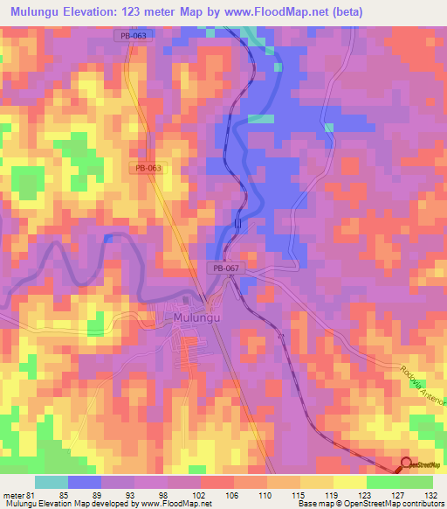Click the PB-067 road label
[x=225, y=268]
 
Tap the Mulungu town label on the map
[x=196, y=318]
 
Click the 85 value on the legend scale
[x=63, y=494]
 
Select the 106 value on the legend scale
[x=234, y=494]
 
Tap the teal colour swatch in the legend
[x=52, y=482]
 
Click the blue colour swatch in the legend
[x=84, y=482]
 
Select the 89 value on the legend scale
[x=98, y=494]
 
